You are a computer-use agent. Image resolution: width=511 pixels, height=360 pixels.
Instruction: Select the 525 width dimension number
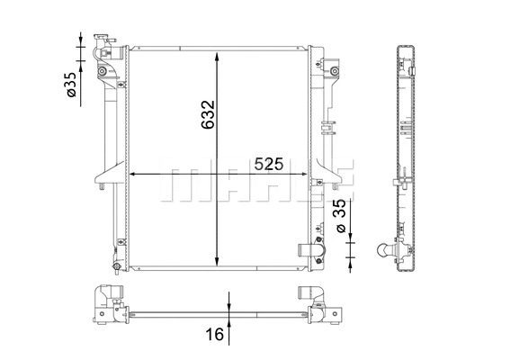pos(269,164)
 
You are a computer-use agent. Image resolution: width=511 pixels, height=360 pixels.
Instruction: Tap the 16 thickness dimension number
pos(213,335)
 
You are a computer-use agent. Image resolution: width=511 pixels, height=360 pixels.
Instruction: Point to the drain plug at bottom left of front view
pos(114,267)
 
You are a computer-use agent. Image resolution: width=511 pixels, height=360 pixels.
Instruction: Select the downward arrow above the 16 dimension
pos(231,302)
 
